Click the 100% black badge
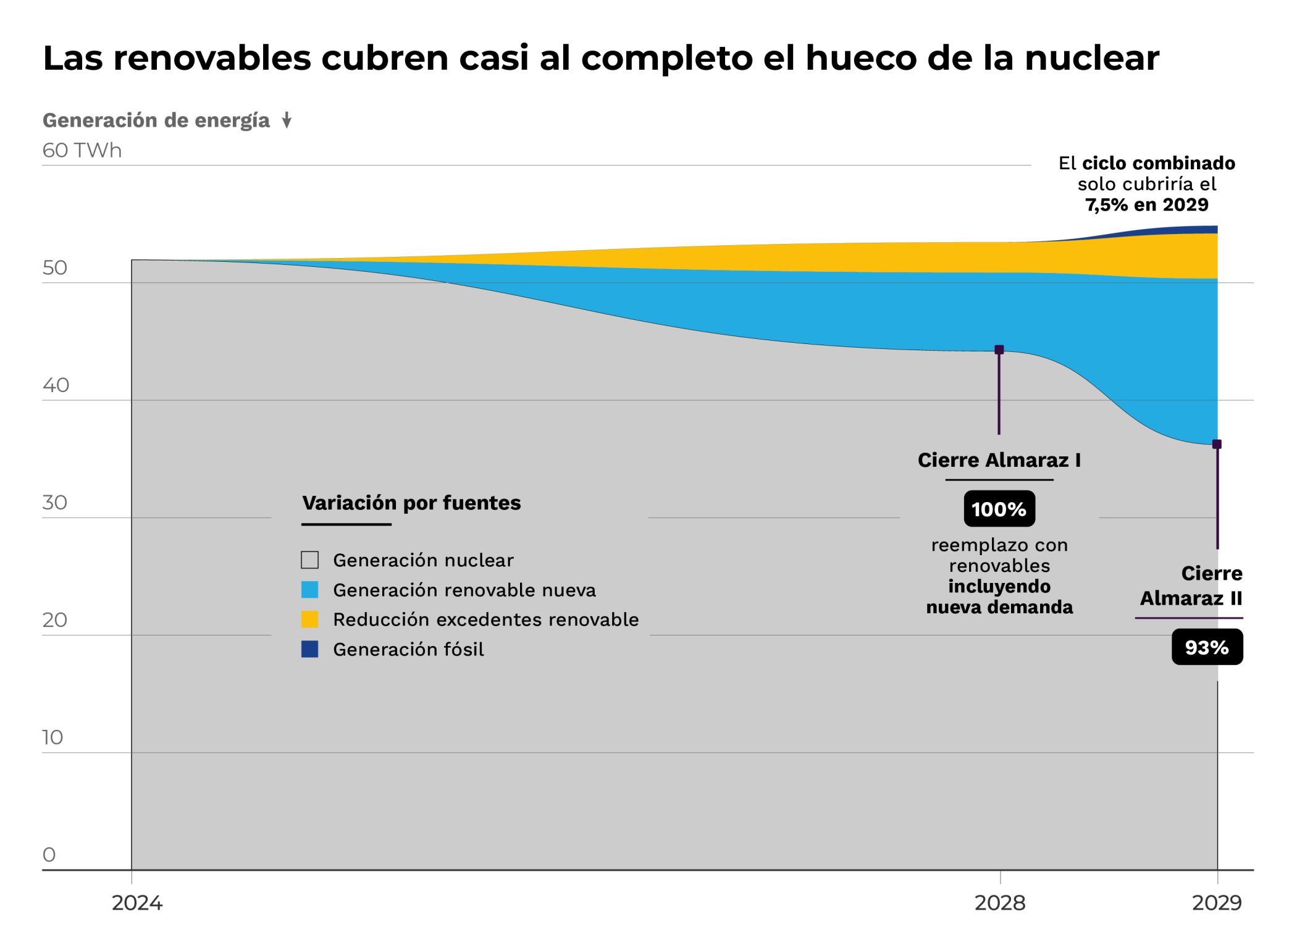tap(999, 509)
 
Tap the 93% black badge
tap(1207, 647)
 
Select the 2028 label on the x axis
tap(999, 903)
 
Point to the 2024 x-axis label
tap(136, 903)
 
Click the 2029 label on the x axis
tap(1216, 903)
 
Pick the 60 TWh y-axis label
tap(82, 150)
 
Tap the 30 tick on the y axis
tap(54, 502)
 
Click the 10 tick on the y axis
tap(52, 737)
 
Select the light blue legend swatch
tap(309, 590)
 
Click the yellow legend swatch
tap(309, 619)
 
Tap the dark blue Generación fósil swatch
tap(309, 649)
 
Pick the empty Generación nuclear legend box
tap(309, 560)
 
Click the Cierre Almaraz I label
tap(999, 460)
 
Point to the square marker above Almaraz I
tap(999, 350)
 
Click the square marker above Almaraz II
tap(1217, 444)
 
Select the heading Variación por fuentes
tap(411, 503)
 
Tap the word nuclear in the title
tap(1091, 58)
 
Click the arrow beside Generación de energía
tap(287, 120)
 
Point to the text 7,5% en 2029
tap(1146, 204)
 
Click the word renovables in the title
tap(211, 58)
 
